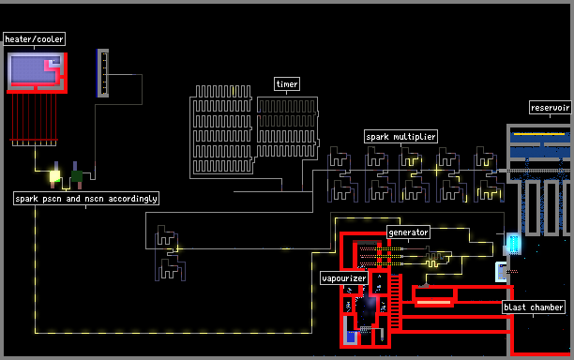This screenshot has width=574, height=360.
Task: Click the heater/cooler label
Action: coord(35,38)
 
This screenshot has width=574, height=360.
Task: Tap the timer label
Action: coord(287,83)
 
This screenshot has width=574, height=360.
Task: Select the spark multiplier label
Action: coord(400,137)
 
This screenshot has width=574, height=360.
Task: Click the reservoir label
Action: coord(550,108)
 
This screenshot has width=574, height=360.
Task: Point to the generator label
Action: coord(408,232)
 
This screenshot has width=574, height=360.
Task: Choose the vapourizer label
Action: coord(343,278)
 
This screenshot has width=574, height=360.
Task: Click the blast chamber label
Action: coord(534,307)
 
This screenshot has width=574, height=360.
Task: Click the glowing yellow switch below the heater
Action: coord(55,176)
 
